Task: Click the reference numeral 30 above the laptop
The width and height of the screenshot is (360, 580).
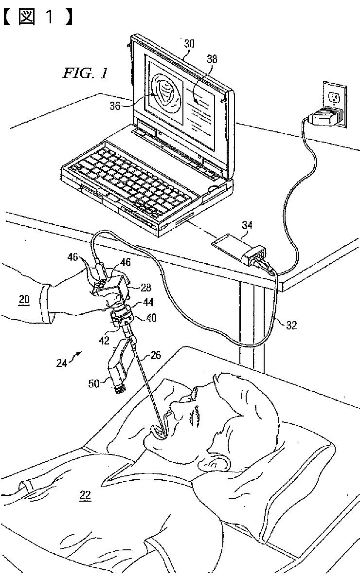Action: pos(189,44)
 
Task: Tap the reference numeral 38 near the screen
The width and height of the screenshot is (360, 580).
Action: pos(212,59)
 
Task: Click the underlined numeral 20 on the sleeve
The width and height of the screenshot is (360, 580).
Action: pos(24,300)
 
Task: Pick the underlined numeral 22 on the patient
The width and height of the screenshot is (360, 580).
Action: pos(85,496)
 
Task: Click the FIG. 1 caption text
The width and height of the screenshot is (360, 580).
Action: pos(85,73)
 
